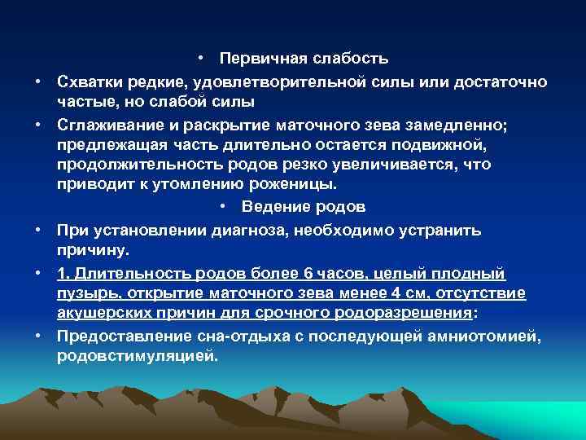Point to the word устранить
tap(436, 230)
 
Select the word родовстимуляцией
tap(138, 355)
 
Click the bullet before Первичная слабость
tap(201, 59)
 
